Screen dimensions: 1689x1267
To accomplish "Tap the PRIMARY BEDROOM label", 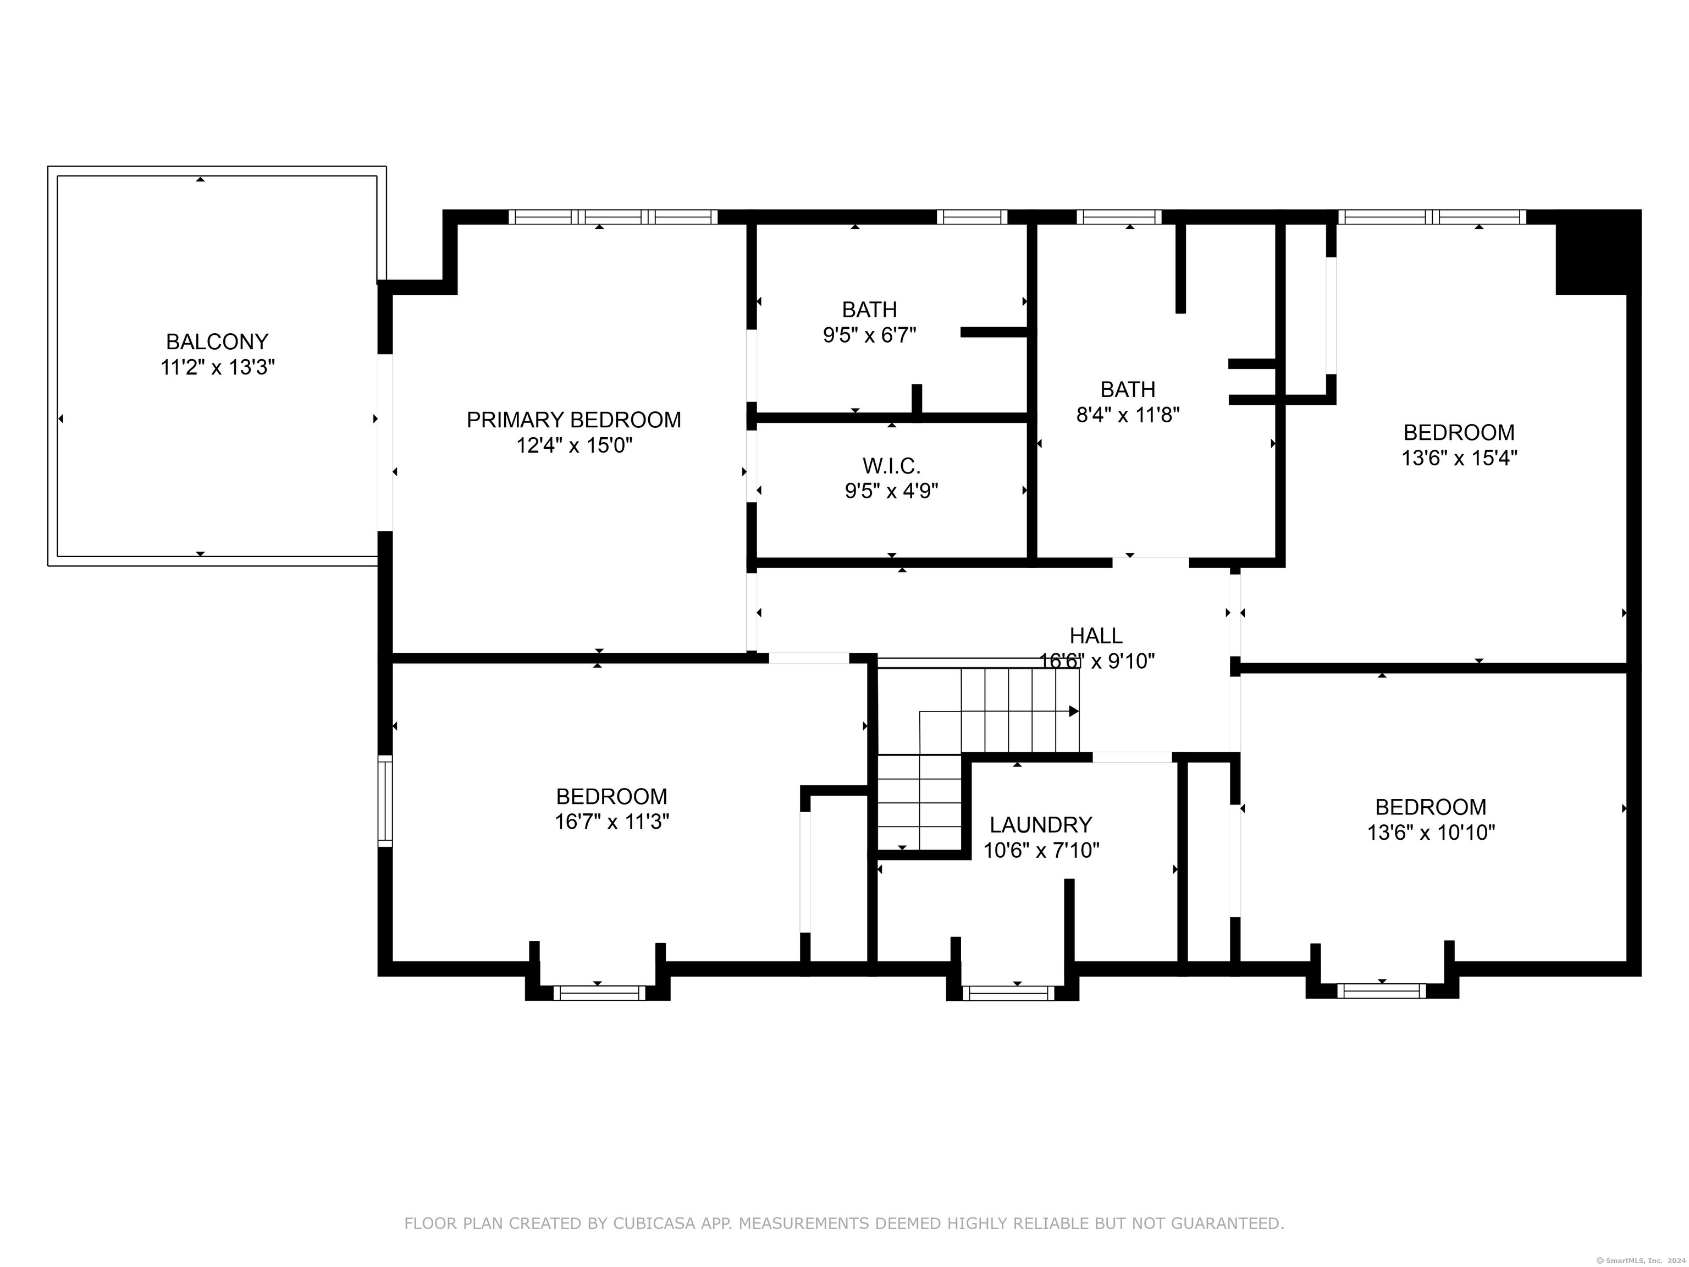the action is click(573, 420).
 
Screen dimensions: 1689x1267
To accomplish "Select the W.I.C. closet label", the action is click(891, 465).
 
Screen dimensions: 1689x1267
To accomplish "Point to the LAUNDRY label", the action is click(1041, 825).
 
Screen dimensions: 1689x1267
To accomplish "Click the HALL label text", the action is click(1096, 635).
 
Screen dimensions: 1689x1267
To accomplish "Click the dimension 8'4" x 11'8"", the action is click(1128, 415).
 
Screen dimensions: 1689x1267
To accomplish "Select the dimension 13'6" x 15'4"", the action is click(1459, 458).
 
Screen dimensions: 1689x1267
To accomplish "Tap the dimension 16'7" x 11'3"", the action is click(611, 822).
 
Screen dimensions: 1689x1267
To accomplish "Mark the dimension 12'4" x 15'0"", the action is click(574, 445).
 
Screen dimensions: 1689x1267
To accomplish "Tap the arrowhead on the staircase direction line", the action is click(1074, 711).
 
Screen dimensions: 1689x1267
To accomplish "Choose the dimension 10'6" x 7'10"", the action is click(1041, 850).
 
